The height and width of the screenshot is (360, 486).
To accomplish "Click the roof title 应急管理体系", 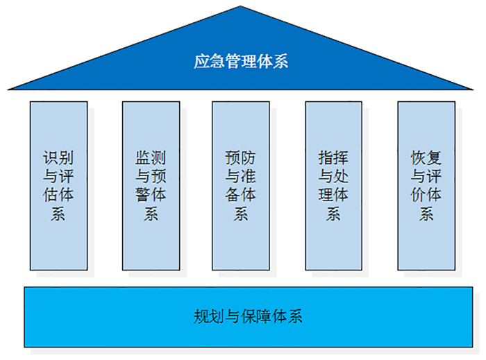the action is coord(241,61).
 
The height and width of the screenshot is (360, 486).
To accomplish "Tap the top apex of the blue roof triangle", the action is coord(240,6).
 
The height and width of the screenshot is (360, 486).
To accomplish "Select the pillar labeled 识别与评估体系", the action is coord(58,186).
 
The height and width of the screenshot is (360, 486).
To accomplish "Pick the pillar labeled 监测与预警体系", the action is coord(151,186).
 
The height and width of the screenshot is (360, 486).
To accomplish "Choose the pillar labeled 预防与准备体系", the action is coord(241,186).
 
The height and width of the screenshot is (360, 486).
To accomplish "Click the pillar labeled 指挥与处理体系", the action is coord(333,186).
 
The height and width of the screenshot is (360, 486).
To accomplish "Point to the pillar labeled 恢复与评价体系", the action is coord(426,186).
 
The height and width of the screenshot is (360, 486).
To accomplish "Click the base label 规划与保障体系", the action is coord(248,316).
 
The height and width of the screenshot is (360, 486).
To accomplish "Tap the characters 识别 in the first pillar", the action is coord(58,158).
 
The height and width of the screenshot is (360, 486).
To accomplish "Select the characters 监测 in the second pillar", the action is coord(151,158).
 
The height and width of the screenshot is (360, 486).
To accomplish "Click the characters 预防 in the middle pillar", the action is coord(240,158).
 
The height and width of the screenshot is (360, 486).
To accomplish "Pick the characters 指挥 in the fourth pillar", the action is coord(333,158).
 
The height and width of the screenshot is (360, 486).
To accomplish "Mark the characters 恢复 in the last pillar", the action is coord(426,158).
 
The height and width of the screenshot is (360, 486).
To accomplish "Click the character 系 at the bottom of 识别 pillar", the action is coord(58,214).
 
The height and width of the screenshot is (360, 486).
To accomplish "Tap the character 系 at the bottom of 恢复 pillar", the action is coord(426,214).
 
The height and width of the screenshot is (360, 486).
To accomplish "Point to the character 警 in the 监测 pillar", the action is coord(143,195).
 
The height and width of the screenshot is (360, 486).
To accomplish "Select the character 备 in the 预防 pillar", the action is coord(233,195).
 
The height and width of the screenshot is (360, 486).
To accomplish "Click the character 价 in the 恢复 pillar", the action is coord(419,195).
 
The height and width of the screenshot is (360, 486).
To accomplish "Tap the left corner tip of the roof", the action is coord(8,89).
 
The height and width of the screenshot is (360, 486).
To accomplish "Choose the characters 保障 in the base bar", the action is coord(256,316).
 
